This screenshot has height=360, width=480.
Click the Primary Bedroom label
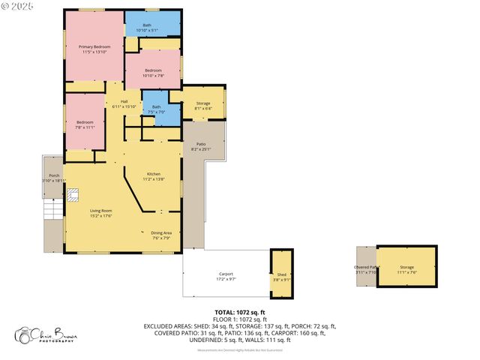(x=94, y=49)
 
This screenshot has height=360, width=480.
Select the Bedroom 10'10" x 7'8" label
(x=153, y=73)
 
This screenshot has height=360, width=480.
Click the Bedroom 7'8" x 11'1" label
(x=84, y=124)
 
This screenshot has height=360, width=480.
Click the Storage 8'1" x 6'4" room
(x=203, y=106)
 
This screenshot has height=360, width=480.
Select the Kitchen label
(x=153, y=176)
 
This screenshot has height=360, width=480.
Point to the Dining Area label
(x=162, y=235)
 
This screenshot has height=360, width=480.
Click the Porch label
(x=54, y=178)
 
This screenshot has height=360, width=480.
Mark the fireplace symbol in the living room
(x=73, y=195)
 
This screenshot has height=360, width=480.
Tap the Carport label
(x=226, y=276)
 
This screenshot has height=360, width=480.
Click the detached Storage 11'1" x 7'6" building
(x=406, y=268)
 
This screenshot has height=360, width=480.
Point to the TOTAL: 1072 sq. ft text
(x=240, y=311)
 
